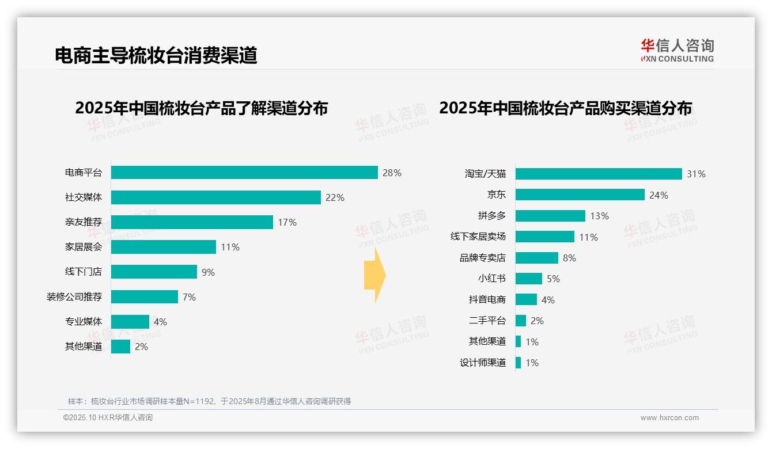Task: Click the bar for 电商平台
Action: click(244, 173)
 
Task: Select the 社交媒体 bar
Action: click(215, 197)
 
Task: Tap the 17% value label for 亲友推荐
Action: click(287, 222)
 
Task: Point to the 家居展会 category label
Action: click(84, 247)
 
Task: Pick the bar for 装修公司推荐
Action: click(144, 296)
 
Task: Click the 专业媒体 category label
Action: click(84, 321)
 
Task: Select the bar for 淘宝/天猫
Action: click(599, 174)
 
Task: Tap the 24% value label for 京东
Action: click(659, 195)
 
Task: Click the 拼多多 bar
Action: click(550, 216)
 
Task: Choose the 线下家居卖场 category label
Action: click(478, 237)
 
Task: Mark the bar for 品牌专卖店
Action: click(536, 258)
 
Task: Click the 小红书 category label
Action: click(491, 279)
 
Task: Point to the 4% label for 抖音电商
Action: click(548, 300)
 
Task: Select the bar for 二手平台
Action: click(521, 321)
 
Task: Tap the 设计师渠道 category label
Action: click(482, 363)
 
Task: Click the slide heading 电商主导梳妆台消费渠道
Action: click(156, 55)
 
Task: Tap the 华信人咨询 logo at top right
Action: click(677, 50)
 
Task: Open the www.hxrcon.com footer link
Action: click(669, 418)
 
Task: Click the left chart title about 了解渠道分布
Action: click(201, 108)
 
